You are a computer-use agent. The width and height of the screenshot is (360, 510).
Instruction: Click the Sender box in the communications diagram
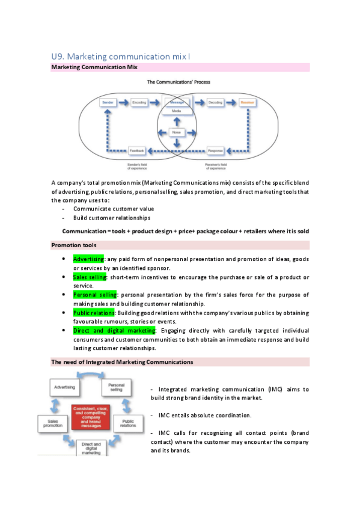[108, 103]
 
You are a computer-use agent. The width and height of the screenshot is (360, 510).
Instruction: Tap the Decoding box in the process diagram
[215, 103]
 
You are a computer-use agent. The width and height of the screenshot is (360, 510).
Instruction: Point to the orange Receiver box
[247, 103]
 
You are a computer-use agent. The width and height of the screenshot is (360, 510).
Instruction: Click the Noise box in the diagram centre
[177, 132]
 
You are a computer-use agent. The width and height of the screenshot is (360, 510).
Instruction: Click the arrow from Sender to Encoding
[124, 103]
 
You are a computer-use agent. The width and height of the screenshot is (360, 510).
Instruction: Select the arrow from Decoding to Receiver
[231, 103]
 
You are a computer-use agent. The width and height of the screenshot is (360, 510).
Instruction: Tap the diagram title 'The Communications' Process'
[178, 81]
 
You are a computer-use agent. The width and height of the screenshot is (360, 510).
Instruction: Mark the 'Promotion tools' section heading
[75, 245]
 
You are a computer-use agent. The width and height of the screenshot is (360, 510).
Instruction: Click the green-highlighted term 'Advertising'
[88, 259]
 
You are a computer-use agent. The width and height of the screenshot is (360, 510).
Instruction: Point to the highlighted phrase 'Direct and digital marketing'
[114, 331]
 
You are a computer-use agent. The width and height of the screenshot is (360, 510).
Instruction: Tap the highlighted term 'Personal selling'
[95, 295]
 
